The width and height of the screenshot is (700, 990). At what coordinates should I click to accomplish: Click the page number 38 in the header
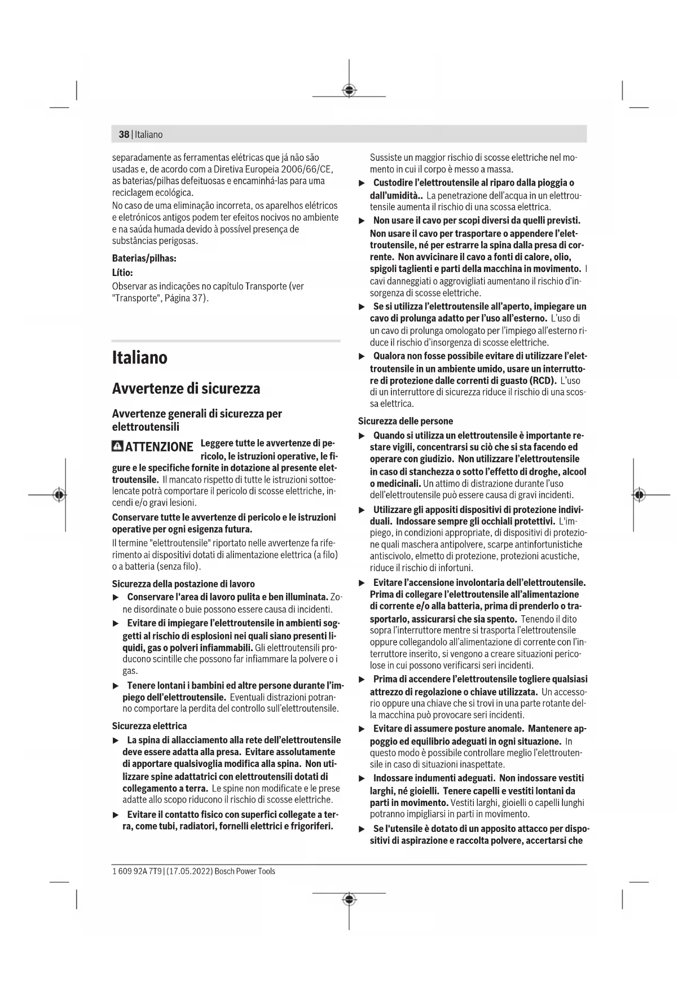(124, 134)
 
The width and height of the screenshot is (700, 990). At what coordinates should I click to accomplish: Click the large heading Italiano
(139, 358)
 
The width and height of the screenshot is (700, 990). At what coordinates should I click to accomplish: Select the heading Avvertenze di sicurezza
(186, 389)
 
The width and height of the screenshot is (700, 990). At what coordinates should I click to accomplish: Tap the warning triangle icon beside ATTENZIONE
(117, 446)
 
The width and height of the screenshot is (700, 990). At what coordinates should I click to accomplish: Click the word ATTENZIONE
(159, 447)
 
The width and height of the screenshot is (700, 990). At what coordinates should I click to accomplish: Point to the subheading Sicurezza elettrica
(149, 726)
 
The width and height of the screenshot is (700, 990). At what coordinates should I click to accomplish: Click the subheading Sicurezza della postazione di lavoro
(183, 584)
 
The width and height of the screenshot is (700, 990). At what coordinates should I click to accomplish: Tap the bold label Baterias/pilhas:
(144, 259)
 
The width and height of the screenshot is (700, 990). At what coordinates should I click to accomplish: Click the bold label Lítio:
(122, 273)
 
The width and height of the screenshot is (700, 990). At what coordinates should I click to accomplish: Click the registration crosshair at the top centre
(349, 90)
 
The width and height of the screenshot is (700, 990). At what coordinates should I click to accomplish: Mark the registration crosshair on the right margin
(639, 495)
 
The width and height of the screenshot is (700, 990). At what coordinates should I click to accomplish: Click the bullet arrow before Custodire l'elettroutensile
(363, 183)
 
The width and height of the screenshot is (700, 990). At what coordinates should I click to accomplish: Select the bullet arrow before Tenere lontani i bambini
(116, 686)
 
